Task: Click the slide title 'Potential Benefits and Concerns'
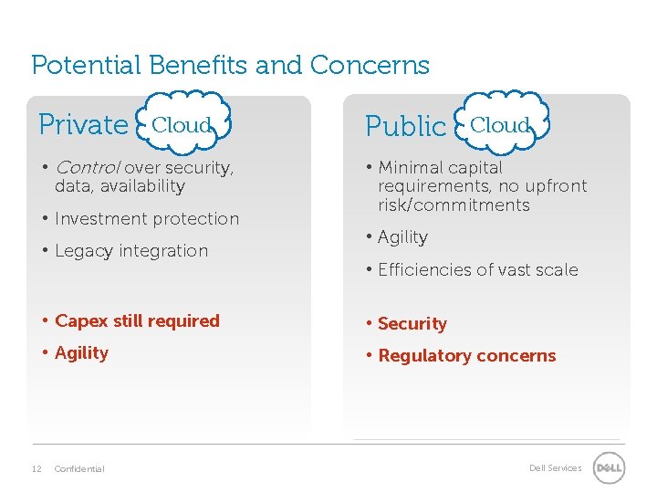[230, 66]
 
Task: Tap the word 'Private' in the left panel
[83, 124]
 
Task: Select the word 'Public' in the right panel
[405, 127]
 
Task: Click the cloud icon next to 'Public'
[500, 124]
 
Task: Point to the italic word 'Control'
[88, 168]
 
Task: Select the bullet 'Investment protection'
[146, 219]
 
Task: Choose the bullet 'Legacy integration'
[131, 251]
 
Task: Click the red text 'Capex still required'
[137, 321]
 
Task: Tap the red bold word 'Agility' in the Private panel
[81, 353]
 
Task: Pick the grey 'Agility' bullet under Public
[402, 237]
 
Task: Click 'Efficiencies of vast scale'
[477, 270]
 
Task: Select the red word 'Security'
[412, 324]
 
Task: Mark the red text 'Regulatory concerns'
[466, 356]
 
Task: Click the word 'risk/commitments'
[454, 205]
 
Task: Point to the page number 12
[36, 468]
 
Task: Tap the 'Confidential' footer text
[79, 468]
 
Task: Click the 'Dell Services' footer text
[555, 468]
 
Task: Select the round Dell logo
[609, 468]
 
